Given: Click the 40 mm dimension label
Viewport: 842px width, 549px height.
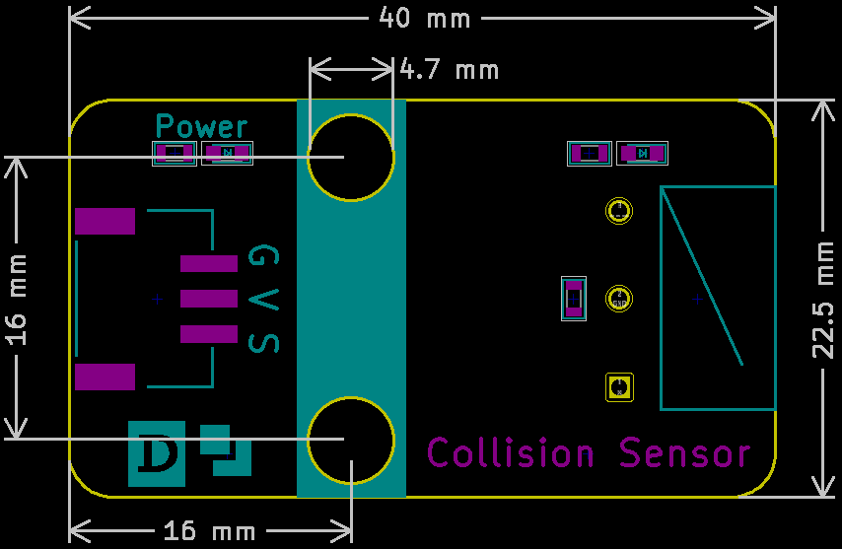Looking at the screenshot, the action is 424,18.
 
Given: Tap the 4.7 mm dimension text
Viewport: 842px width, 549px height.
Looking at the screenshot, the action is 450,70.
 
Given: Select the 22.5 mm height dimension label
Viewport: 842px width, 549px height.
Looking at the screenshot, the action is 822,300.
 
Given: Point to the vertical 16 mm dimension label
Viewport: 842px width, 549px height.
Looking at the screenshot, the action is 16,300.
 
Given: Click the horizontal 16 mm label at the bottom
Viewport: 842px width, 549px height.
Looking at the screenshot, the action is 209,530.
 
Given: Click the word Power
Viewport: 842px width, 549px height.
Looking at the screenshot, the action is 201,126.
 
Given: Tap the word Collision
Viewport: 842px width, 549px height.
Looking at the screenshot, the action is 511,452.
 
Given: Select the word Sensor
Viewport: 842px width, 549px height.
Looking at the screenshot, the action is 684,452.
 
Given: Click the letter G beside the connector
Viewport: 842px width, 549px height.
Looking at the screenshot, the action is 263,256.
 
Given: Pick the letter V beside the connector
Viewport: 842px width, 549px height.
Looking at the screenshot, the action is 263,300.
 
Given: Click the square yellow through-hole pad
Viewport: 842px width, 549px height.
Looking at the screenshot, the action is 619,387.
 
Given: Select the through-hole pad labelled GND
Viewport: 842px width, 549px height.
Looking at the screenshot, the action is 619,299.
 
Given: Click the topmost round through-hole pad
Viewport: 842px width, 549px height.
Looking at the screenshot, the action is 619,211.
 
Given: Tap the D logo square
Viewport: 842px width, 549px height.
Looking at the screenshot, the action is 156,454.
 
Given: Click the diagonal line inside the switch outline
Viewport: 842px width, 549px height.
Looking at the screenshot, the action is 702,277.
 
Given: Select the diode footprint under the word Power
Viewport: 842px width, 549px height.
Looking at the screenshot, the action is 227,154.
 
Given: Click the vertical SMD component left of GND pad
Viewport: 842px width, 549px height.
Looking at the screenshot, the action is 574,299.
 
